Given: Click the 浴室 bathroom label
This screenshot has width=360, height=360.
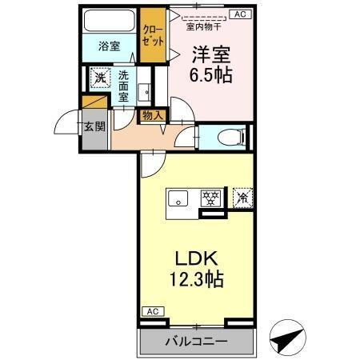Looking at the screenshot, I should point(110,46).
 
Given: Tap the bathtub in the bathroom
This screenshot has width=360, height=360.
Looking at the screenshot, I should point(110,22).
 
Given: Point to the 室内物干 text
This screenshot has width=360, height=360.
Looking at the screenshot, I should point(202,26).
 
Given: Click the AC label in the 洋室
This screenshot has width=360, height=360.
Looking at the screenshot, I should point(238,14).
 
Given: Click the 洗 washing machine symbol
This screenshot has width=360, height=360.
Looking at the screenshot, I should point(99,78).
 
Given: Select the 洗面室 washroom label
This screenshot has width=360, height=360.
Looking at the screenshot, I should point(124,85).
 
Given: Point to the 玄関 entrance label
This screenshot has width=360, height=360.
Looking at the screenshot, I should point(93,126).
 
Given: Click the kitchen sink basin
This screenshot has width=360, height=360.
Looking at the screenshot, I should point(178,198).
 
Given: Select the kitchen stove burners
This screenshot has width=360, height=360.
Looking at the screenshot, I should point(210,198).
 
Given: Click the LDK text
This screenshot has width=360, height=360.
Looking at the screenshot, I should point(194,260).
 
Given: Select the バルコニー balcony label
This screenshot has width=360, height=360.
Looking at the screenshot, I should point(196,342).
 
